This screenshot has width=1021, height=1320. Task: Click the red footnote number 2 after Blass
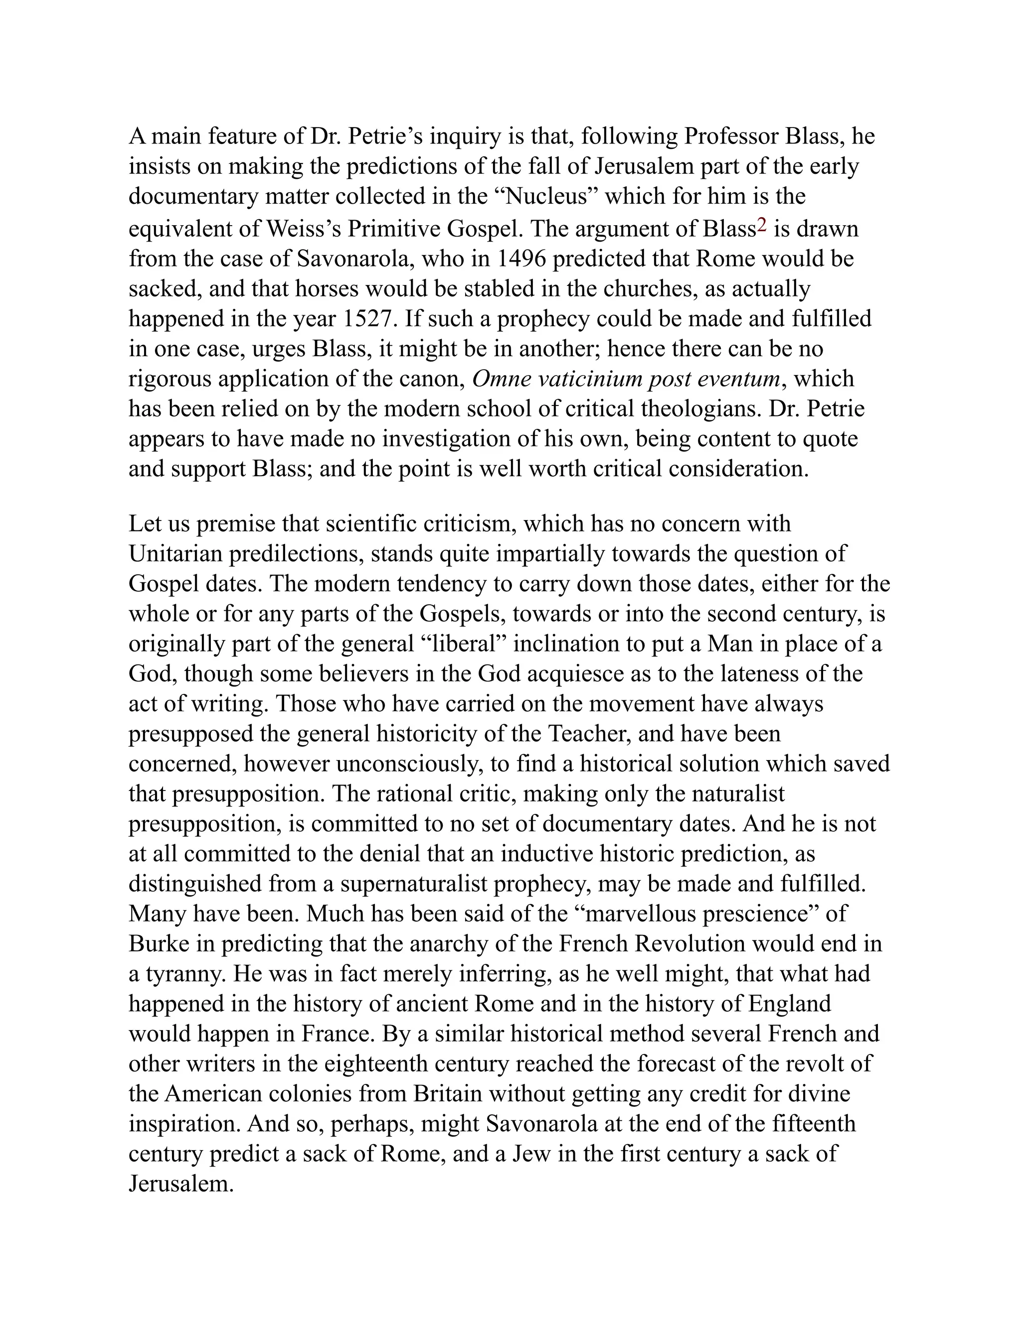click(x=762, y=226)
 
